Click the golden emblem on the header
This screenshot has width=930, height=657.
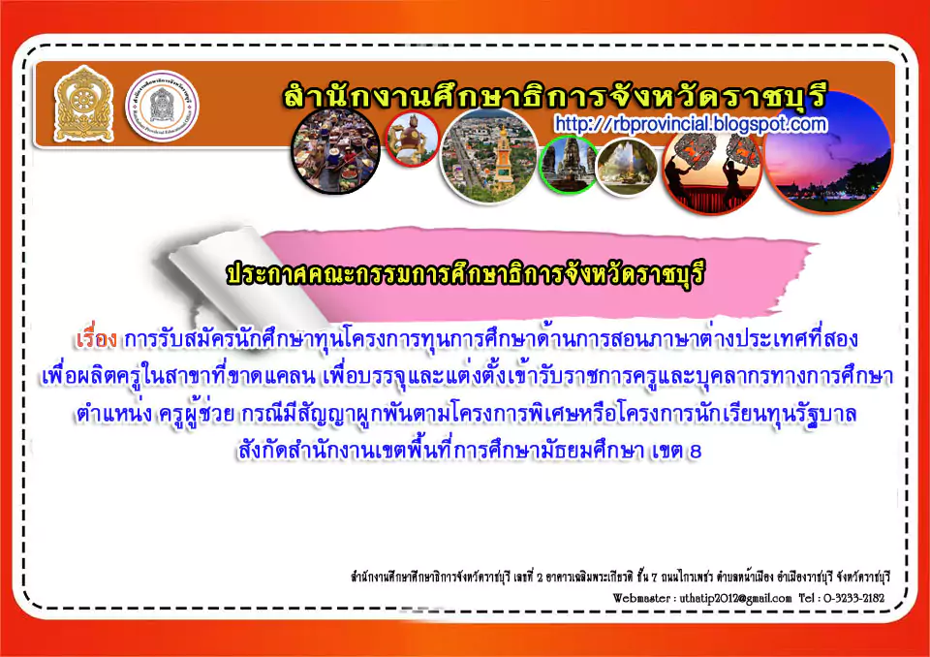tap(83, 105)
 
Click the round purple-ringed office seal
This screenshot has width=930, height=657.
tap(162, 106)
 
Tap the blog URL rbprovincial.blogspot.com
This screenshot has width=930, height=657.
tap(691, 124)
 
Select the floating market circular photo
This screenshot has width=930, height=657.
tap(336, 151)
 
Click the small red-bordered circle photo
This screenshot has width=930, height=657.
tap(413, 139)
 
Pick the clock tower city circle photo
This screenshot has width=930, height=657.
tap(488, 156)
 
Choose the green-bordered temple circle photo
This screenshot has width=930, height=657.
tap(569, 164)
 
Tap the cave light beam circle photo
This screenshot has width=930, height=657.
tap(627, 168)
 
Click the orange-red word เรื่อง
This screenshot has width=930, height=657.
tap(96, 339)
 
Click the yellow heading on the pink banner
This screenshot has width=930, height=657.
tap(466, 273)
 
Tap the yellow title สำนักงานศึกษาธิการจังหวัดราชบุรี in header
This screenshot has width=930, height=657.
tap(554, 96)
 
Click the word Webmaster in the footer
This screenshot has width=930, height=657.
tap(641, 598)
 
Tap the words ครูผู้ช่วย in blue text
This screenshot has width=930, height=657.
tap(196, 414)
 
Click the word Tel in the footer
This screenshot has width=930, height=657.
tap(806, 598)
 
